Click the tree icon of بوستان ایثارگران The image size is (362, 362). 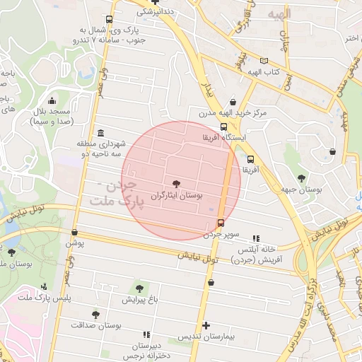(x=176, y=182)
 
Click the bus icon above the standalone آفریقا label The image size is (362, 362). (x=250, y=159)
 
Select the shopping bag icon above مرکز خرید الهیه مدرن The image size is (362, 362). (x=233, y=101)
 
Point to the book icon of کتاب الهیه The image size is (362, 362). (x=264, y=62)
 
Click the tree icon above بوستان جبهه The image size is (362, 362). (x=302, y=178)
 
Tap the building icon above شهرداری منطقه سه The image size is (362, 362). (x=100, y=133)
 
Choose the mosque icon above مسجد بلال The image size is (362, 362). (x=52, y=101)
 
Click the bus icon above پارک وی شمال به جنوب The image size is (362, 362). (x=107, y=20)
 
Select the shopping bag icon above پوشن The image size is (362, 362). (x=74, y=232)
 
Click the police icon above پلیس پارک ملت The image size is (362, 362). (x=44, y=286)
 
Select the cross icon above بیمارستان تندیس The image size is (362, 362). (x=206, y=326)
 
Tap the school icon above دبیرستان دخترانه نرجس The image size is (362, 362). (x=146, y=334)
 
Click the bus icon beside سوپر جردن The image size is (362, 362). (x=221, y=223)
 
